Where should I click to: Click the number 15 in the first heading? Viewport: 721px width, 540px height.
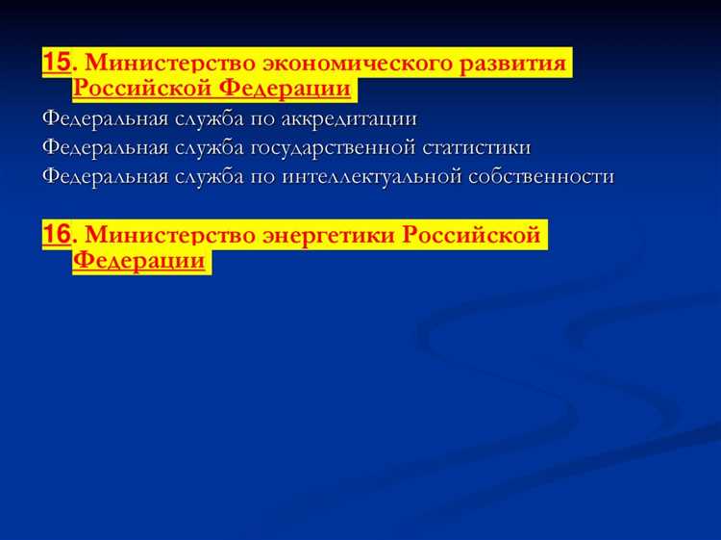57,64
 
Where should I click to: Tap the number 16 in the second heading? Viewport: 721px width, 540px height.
57,236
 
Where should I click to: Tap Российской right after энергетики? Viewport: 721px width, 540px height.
472,236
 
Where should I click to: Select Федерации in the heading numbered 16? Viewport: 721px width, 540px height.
139,263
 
